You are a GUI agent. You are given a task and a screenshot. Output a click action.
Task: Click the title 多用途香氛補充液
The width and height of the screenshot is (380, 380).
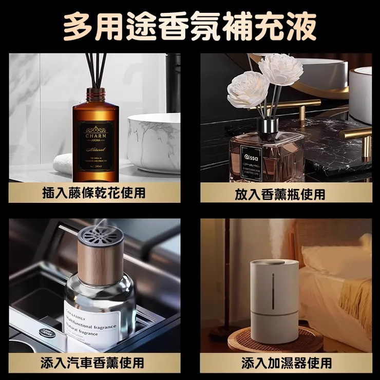click(x=189, y=26)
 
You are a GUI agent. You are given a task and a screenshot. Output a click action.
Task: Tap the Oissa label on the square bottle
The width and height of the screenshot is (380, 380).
click(x=252, y=159)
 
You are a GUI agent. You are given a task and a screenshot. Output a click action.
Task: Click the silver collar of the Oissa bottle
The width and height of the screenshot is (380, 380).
click(x=268, y=124)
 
